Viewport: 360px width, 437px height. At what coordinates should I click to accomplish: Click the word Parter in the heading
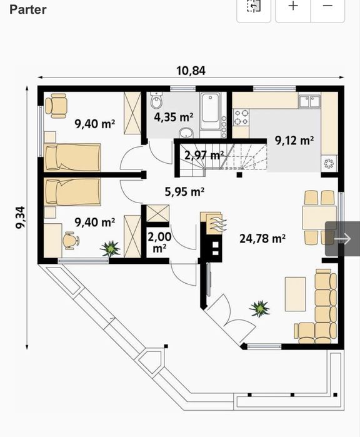(28, 9)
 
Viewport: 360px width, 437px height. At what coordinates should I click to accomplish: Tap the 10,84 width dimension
(191, 71)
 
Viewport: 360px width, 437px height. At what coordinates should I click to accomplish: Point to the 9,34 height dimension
(21, 217)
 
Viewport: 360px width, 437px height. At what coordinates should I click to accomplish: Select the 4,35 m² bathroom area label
(174, 117)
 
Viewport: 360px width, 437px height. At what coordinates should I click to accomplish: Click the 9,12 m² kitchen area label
(294, 140)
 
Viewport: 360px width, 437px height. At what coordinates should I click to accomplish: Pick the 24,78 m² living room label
(262, 239)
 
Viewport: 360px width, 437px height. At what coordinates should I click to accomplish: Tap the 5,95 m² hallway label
(184, 192)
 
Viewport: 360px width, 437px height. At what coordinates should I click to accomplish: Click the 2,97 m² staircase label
(204, 155)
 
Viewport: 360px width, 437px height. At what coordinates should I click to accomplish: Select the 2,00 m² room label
(159, 242)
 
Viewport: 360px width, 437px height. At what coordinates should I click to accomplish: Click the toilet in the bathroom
(156, 101)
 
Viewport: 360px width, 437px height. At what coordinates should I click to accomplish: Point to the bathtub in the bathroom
(210, 110)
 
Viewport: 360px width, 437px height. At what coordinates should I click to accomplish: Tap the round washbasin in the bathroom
(186, 133)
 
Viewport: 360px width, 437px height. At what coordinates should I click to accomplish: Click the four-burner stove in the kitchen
(241, 118)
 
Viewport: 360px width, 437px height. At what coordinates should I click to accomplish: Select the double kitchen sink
(309, 101)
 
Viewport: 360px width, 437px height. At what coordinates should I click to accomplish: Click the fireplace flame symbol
(219, 224)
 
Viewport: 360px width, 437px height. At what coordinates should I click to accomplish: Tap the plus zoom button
(293, 5)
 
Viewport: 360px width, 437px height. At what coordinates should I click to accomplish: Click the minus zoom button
(327, 5)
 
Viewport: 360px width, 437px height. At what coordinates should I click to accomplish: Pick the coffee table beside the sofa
(296, 294)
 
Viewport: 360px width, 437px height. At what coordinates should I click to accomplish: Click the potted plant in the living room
(259, 308)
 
